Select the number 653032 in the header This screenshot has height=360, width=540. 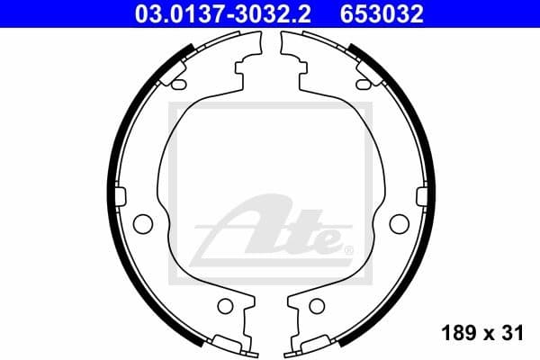[381, 13]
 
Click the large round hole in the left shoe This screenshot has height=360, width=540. [142, 223]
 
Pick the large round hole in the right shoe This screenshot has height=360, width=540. [398, 223]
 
